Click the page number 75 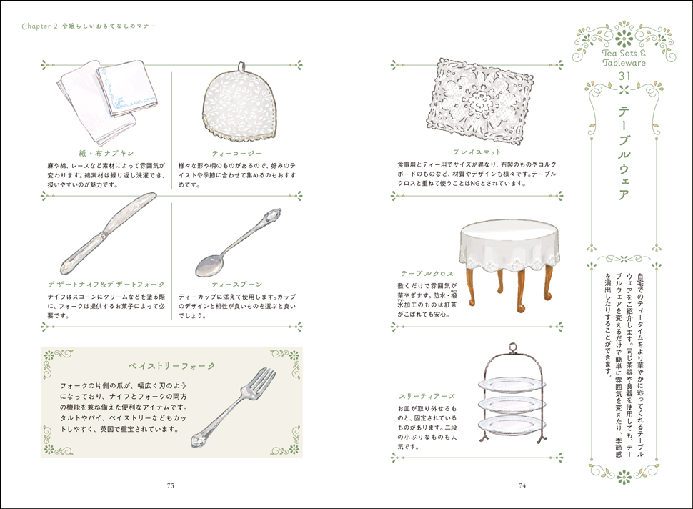[171, 485]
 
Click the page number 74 [522, 485]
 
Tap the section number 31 [624, 76]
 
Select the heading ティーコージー [237, 153]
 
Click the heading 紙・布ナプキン [106, 153]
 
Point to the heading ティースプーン [237, 284]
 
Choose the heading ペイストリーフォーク [172, 366]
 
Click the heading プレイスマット [477, 152]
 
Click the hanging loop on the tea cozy [241, 66]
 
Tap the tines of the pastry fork [260, 380]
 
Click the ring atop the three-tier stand [512, 347]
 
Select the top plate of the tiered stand [512, 385]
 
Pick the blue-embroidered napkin [127, 89]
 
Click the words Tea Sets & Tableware [624, 58]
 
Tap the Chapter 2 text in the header [40, 26]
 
